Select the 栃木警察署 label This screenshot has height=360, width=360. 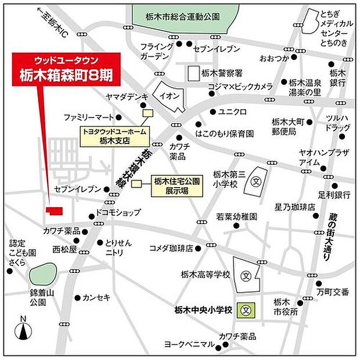tap(223, 73)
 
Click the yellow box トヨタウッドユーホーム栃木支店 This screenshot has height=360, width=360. tap(113, 136)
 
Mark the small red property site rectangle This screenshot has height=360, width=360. tap(56, 210)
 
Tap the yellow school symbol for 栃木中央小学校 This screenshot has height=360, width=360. tap(247, 310)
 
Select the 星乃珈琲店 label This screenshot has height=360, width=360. tap(294, 206)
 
